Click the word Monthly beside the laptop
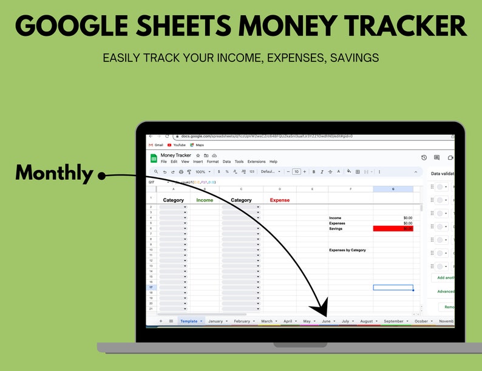coord(54,173)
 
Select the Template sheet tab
coord(189,321)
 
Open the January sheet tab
coord(216,321)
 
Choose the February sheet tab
coord(242,321)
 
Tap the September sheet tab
coord(393,321)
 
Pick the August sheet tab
coord(366,321)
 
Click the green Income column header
coord(205,200)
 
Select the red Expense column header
coord(279,200)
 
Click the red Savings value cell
coord(393,229)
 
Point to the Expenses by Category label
coord(347,250)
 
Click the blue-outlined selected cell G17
coord(393,287)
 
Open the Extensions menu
coord(256,162)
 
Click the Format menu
coord(212,162)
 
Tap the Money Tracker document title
coord(175,155)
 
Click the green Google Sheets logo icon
coord(154,158)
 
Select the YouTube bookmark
coord(179,145)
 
